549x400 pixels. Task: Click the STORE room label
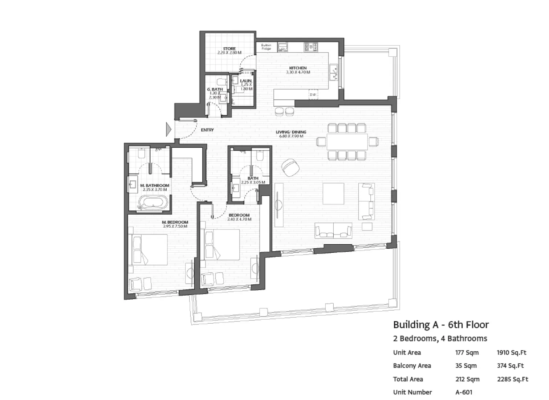click(x=229, y=49)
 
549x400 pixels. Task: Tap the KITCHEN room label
click(x=298, y=68)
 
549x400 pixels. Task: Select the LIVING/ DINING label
click(x=291, y=132)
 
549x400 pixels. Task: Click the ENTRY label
click(x=207, y=130)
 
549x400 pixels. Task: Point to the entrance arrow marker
click(x=168, y=129)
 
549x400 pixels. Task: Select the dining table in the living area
click(x=347, y=141)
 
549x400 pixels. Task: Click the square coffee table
click(x=333, y=194)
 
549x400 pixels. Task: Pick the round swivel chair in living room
click(x=291, y=168)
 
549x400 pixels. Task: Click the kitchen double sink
click(x=333, y=72)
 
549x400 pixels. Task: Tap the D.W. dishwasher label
click(x=313, y=95)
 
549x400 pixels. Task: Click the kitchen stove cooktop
click(x=310, y=47)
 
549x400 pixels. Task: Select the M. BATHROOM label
click(x=155, y=185)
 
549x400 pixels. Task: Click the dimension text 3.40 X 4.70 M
click(x=239, y=219)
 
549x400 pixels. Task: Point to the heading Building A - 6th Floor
click(x=441, y=325)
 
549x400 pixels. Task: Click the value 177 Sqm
click(x=467, y=353)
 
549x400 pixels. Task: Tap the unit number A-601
click(x=464, y=392)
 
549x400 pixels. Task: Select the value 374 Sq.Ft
click(x=510, y=366)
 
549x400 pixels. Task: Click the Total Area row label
click(x=408, y=379)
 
